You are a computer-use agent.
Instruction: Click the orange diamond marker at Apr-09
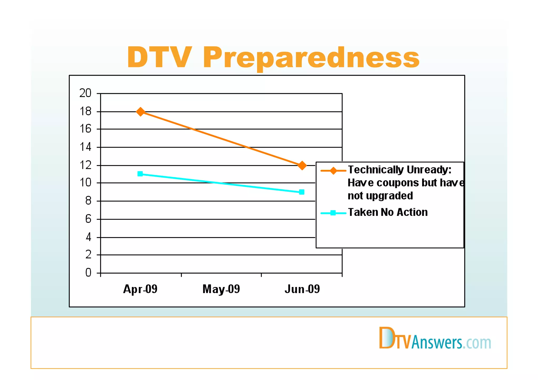pyautogui.click(x=141, y=112)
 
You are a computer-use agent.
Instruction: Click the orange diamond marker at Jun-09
pyautogui.click(x=302, y=165)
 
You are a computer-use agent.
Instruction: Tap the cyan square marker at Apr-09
pyautogui.click(x=140, y=174)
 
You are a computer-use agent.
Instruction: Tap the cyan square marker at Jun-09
pyautogui.click(x=302, y=192)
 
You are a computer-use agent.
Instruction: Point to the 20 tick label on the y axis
pyautogui.click(x=85, y=93)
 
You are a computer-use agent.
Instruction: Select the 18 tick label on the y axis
pyautogui.click(x=85, y=112)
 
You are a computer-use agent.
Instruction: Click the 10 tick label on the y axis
pyautogui.click(x=85, y=183)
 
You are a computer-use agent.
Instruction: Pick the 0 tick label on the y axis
pyautogui.click(x=88, y=273)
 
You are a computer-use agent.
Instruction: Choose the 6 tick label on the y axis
pyautogui.click(x=88, y=219)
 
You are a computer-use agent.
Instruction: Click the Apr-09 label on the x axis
pyautogui.click(x=140, y=289)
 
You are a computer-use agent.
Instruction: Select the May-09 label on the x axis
pyautogui.click(x=221, y=289)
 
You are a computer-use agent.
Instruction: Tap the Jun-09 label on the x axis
pyautogui.click(x=302, y=289)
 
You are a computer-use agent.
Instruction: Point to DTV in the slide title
pyautogui.click(x=159, y=57)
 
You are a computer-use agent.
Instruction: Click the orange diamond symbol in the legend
pyautogui.click(x=333, y=171)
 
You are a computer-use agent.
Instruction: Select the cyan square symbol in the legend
pyautogui.click(x=333, y=213)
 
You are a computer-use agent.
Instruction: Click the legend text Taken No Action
pyautogui.click(x=388, y=212)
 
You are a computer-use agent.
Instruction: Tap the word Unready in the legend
pyautogui.click(x=427, y=170)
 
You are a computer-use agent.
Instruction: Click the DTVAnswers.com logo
pyautogui.click(x=435, y=339)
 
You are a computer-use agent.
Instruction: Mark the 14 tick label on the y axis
pyautogui.click(x=85, y=147)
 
